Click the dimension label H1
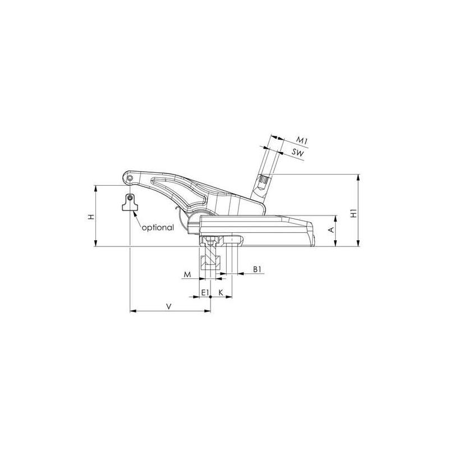click(353, 214)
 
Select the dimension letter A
click(331, 230)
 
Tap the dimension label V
click(169, 305)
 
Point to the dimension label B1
click(257, 270)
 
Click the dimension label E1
click(205, 293)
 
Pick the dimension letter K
click(221, 293)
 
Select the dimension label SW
click(299, 152)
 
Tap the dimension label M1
click(302, 139)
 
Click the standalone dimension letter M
click(187, 274)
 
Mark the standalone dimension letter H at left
click(91, 216)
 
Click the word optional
click(158, 228)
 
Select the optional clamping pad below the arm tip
click(130, 203)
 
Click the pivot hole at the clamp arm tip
click(130, 178)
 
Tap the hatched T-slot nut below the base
click(212, 261)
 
